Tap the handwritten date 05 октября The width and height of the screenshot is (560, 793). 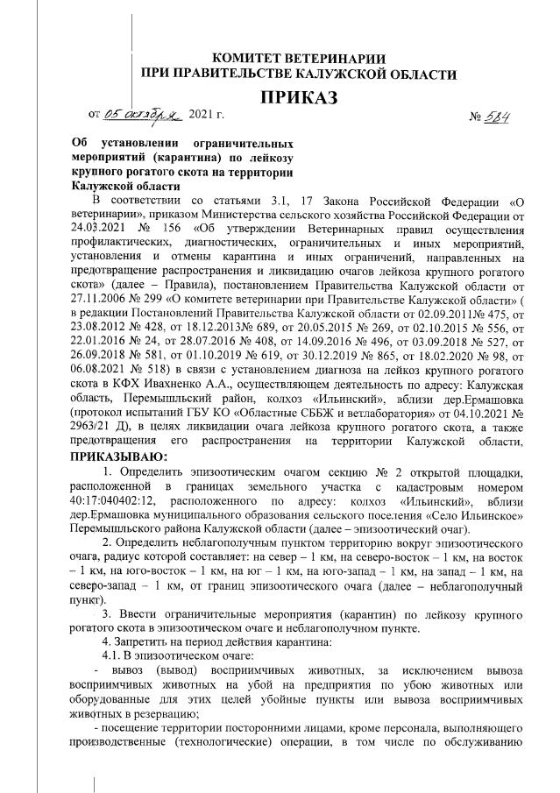click(140, 115)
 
